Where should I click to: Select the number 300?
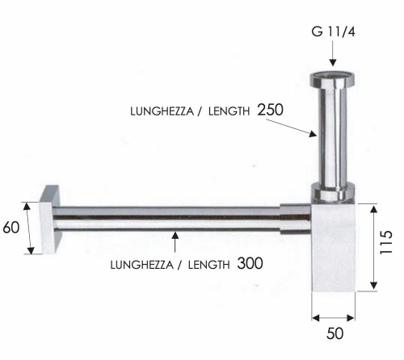tap(250, 263)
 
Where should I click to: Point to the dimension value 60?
tap(11, 228)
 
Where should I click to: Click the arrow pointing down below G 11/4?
tap(332, 57)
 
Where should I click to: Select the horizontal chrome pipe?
tap(170, 219)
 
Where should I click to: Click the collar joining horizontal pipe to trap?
tap(294, 219)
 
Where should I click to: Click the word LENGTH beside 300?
tap(207, 264)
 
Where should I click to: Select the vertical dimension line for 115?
tap(372, 248)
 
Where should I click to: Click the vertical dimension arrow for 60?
tap(29, 228)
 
